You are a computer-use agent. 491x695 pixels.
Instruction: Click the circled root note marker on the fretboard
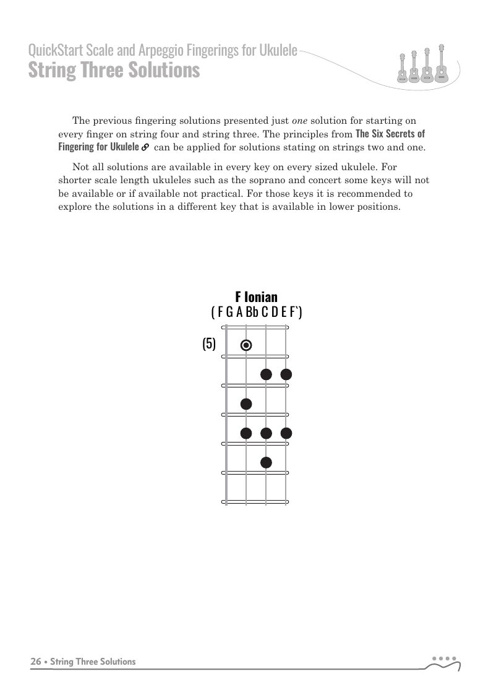click(246, 345)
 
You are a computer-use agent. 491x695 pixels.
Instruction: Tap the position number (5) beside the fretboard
click(209, 344)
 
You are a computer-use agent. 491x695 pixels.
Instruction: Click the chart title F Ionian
click(256, 297)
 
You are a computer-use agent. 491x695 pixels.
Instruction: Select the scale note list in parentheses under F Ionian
click(256, 312)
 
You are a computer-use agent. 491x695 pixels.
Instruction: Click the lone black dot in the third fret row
click(246, 404)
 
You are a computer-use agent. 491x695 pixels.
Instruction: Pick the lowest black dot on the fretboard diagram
click(266, 462)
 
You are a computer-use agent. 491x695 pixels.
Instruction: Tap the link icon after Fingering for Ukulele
click(145, 148)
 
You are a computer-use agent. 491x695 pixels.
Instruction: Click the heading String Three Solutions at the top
click(114, 70)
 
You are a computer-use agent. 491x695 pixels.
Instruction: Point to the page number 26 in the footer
click(36, 662)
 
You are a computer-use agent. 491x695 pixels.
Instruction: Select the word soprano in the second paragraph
click(268, 181)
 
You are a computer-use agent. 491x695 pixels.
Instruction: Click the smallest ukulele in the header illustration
click(403, 69)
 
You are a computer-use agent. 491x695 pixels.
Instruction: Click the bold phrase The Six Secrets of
click(390, 134)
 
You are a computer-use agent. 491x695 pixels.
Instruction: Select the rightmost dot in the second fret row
click(286, 374)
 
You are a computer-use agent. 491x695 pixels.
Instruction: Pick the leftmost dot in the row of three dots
click(246, 433)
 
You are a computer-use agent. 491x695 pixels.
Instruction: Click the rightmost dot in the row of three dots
click(286, 433)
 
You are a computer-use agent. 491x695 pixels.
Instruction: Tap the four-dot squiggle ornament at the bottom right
click(443, 663)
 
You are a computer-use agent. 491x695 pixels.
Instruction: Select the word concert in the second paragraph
click(320, 181)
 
